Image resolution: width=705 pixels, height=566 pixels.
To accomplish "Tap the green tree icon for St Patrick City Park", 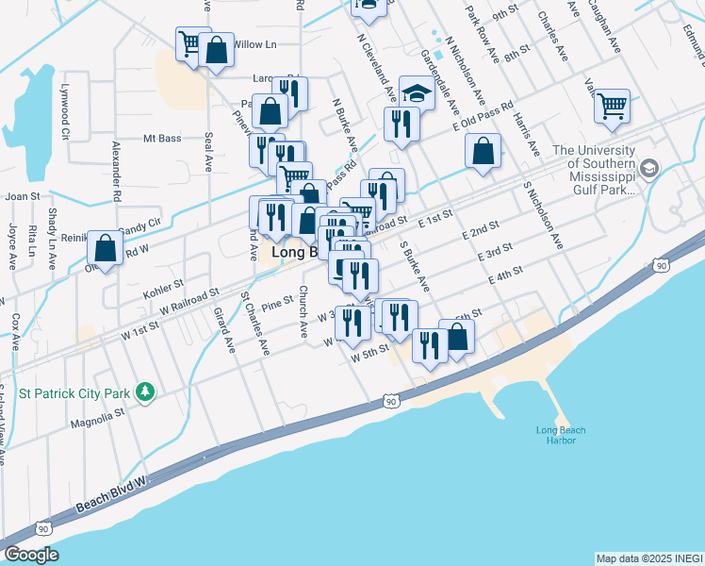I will pyautogui.click(x=144, y=391).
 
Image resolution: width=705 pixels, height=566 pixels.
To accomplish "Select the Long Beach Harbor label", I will pyautogui.click(x=561, y=436).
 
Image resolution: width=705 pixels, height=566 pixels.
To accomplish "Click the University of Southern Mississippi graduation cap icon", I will pyautogui.click(x=648, y=168).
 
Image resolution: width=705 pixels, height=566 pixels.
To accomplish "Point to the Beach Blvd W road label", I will pyautogui.click(x=113, y=496).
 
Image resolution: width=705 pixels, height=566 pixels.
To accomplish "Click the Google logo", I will pyautogui.click(x=31, y=555).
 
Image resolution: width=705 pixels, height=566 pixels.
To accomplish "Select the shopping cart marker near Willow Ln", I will pyautogui.click(x=192, y=43).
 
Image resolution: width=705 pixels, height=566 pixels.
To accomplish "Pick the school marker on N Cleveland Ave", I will pyautogui.click(x=416, y=92).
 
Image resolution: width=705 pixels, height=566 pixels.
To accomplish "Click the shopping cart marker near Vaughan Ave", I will pyautogui.click(x=613, y=106).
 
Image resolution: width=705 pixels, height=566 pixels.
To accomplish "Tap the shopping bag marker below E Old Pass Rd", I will pyautogui.click(x=483, y=151).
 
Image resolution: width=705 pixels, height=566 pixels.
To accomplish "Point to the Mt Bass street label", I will pyautogui.click(x=161, y=139).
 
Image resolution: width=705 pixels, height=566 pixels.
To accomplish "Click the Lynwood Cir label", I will pyautogui.click(x=66, y=116).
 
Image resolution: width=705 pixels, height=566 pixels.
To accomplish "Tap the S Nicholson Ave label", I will pyautogui.click(x=545, y=212).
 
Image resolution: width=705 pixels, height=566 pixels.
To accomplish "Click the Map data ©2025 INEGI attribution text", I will pyautogui.click(x=648, y=558).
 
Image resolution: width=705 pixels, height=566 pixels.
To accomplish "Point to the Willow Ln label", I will pyautogui.click(x=254, y=44).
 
